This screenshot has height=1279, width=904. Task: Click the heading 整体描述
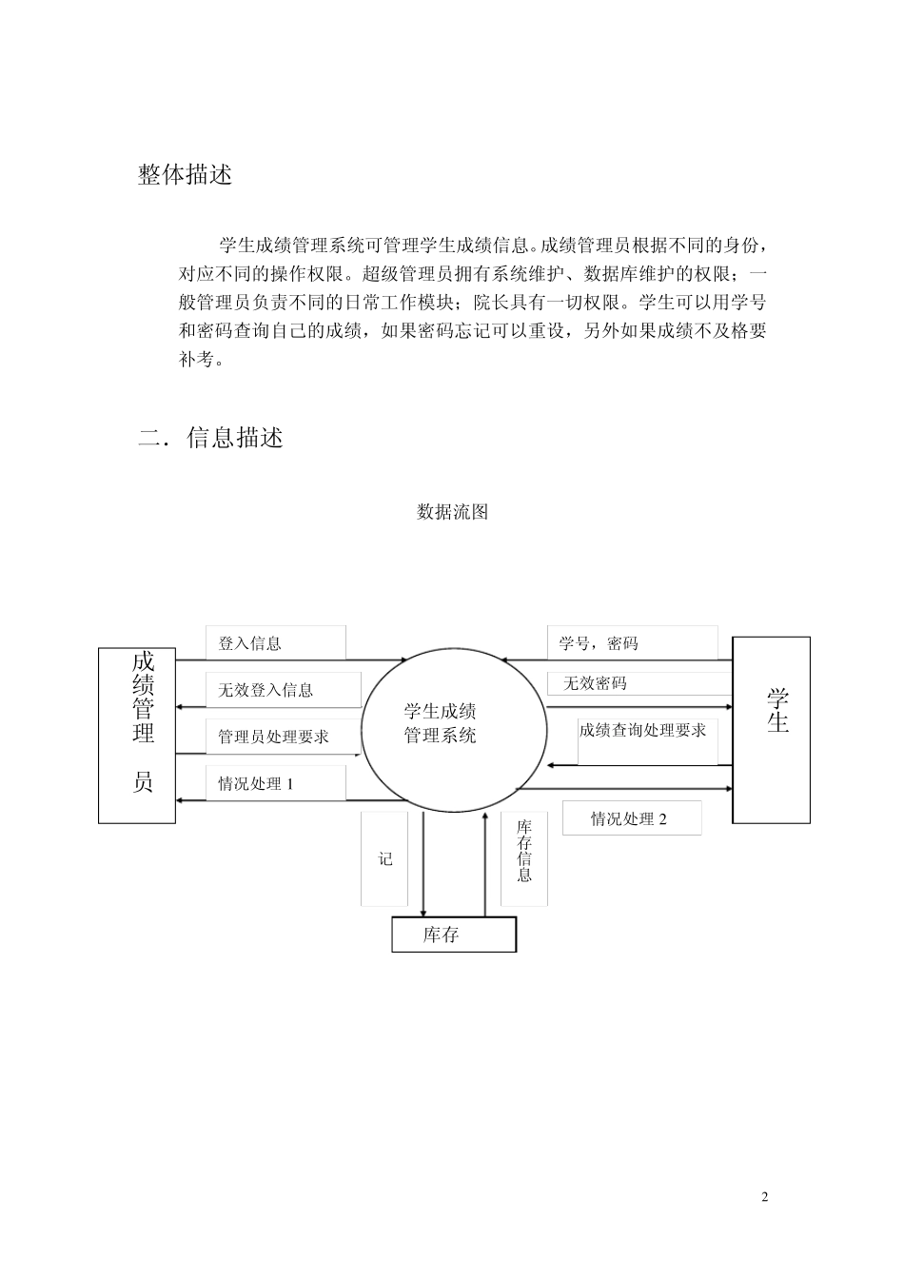[x=185, y=175]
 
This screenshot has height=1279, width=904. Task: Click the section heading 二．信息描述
[x=210, y=438]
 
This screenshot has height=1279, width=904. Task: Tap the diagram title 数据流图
[x=452, y=512]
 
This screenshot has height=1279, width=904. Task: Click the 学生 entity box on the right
[x=771, y=729]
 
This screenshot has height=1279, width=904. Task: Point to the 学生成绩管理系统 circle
[x=453, y=726]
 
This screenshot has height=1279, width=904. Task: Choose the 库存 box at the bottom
[x=454, y=935]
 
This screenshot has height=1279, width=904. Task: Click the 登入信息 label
[x=250, y=643]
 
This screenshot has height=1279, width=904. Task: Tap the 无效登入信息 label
[x=265, y=690]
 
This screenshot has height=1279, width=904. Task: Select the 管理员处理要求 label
[x=273, y=737]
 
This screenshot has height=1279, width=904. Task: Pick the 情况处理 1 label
[x=255, y=784]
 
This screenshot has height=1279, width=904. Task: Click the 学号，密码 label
[x=599, y=643]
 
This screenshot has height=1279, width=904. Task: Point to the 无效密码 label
[x=596, y=683]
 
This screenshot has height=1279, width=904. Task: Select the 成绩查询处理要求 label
[x=643, y=731]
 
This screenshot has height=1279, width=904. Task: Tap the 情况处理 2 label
[x=629, y=818]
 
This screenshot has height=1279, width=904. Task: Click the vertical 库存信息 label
[x=524, y=851]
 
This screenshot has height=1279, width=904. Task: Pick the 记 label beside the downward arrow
[x=385, y=858]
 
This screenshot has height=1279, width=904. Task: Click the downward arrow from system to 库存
[x=423, y=866]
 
